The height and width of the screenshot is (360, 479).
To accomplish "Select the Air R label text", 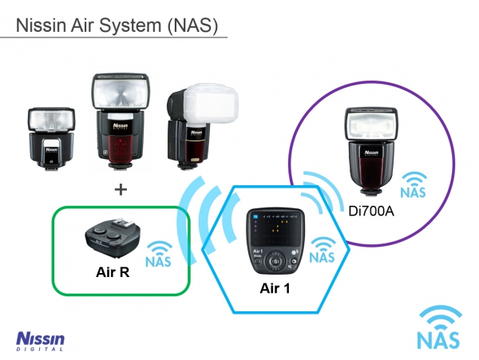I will pos(109,271).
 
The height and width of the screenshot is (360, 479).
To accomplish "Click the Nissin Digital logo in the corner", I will pos(40,340).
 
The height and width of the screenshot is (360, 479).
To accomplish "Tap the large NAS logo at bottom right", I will pos(438,327).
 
